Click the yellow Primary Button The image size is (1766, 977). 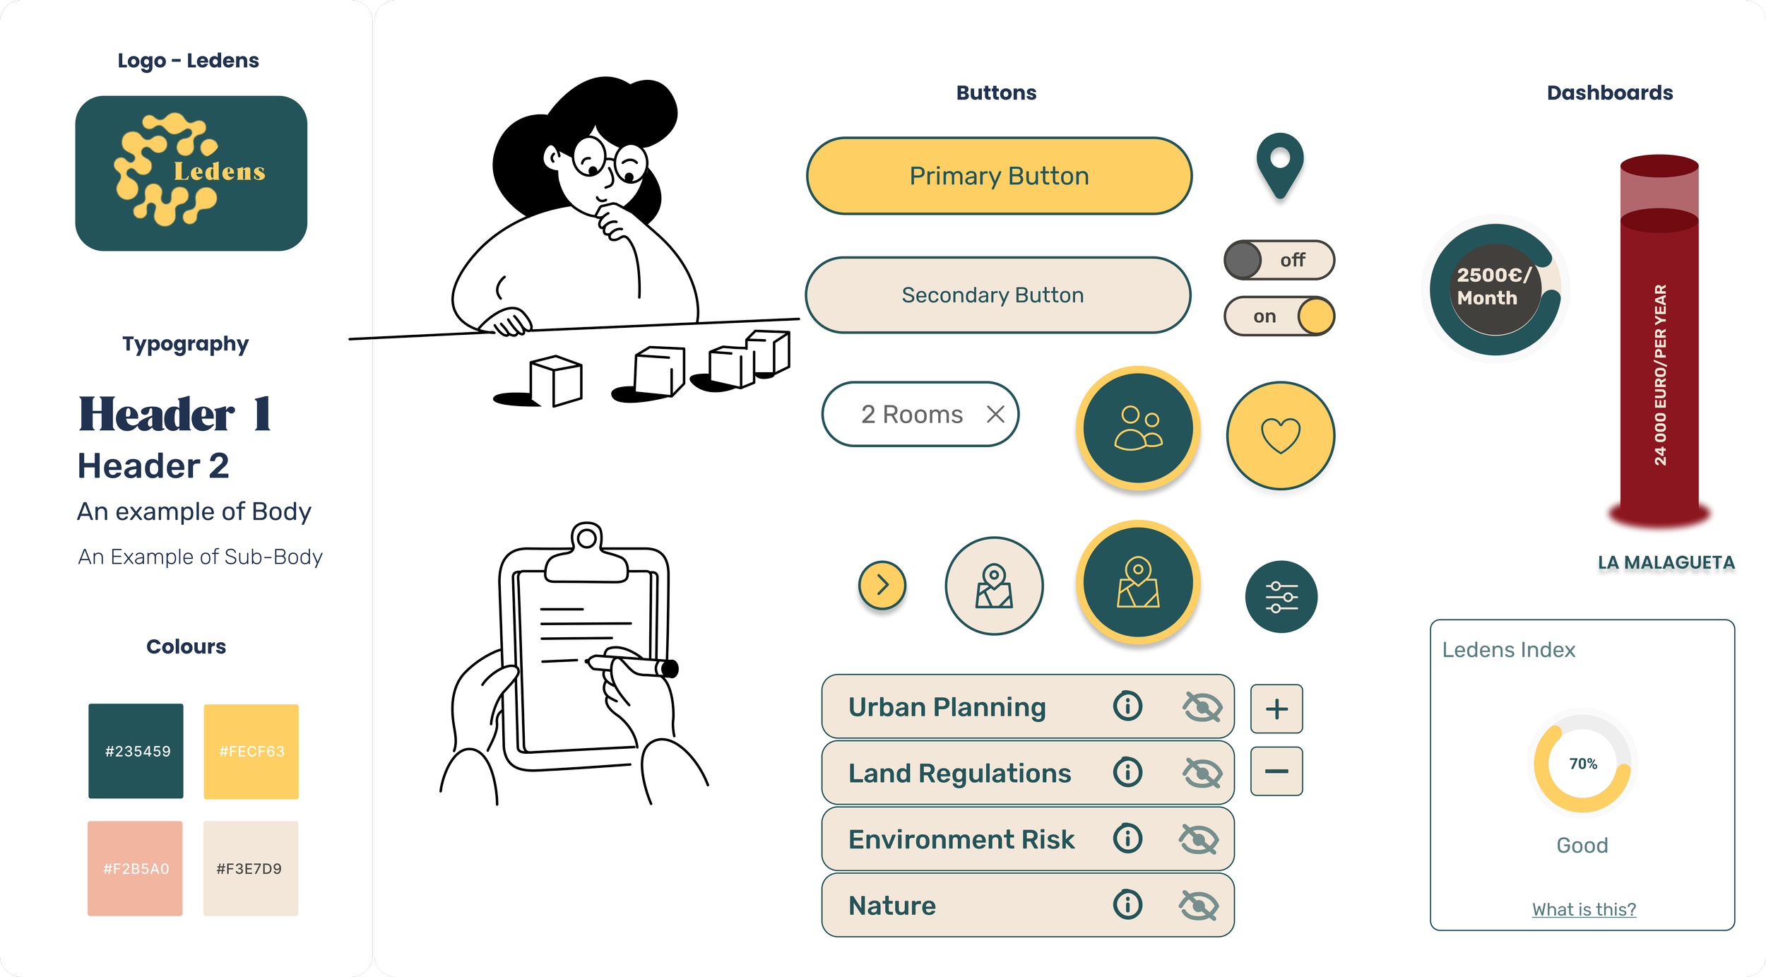999,176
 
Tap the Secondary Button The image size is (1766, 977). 997,295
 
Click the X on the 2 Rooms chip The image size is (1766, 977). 995,414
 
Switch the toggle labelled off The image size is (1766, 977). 1279,260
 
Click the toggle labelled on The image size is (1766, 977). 1279,316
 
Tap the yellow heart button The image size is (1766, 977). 1280,435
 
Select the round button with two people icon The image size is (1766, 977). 1137,428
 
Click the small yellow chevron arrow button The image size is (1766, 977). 882,585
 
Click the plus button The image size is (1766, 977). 1276,709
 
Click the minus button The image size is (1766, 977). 1276,771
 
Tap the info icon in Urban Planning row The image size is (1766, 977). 1127,706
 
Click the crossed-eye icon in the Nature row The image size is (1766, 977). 1199,905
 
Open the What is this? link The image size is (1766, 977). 1584,909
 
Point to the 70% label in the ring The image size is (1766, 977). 1583,764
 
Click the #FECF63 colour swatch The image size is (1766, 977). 251,751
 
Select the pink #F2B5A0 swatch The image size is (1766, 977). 135,868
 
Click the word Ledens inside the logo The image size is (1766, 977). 220,172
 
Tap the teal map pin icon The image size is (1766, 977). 1279,165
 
